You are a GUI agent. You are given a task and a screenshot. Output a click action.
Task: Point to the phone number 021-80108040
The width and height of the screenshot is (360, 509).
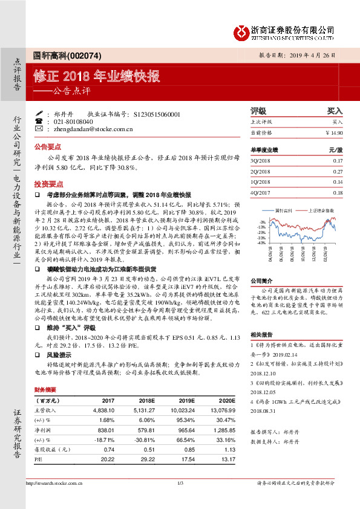pos(74,121)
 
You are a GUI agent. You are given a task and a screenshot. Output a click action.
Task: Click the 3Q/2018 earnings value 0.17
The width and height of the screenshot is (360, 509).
pos(338,160)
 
